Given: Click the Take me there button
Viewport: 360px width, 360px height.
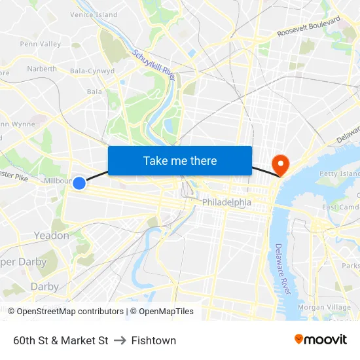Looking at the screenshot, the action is tap(180, 160).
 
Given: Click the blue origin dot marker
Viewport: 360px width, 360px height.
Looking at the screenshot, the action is tap(79, 183).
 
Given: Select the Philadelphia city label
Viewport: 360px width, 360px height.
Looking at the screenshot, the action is tap(226, 202).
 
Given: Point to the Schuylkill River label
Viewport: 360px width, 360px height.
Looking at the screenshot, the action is tap(154, 66).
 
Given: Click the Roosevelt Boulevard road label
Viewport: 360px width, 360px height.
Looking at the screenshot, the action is tap(308, 27).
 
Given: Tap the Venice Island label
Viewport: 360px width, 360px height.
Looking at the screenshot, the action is tap(94, 14).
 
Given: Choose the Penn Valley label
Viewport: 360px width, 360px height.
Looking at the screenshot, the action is tap(40, 44).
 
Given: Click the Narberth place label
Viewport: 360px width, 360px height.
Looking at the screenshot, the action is tap(42, 69).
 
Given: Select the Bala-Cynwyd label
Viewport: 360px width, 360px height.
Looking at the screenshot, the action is tap(92, 71).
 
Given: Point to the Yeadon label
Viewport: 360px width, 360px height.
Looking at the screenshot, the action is tap(51, 236).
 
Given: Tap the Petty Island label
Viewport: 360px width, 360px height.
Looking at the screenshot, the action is tap(339, 174).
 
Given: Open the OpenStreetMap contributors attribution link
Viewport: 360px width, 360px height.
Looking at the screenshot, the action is tap(70, 312).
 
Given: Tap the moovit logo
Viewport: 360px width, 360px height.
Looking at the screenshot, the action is tap(321, 339).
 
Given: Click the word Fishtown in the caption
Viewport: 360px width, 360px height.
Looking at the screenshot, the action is tap(153, 340).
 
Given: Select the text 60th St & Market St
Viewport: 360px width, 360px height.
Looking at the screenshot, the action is tap(60, 340).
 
